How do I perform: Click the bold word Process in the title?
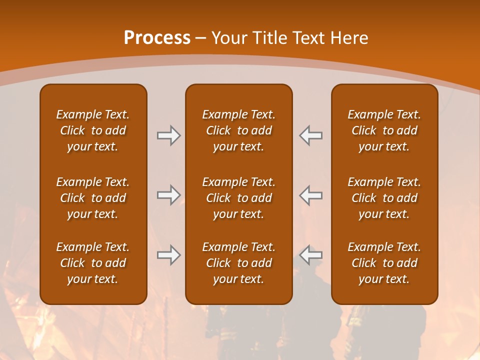pyautogui.click(x=157, y=37)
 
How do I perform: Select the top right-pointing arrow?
pyautogui.click(x=168, y=135)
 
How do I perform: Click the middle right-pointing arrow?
pyautogui.click(x=168, y=195)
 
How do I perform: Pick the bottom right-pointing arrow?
pyautogui.click(x=168, y=255)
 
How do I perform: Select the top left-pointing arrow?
pyautogui.click(x=311, y=135)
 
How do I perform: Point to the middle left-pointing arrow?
pyautogui.click(x=311, y=195)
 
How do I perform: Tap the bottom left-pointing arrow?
pyautogui.click(x=311, y=255)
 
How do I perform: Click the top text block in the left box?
pyautogui.click(x=93, y=130)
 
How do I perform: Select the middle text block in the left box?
pyautogui.click(x=93, y=198)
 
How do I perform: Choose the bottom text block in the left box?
pyautogui.click(x=93, y=263)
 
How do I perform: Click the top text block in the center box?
pyautogui.click(x=239, y=130)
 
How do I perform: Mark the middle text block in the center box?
pyautogui.click(x=239, y=198)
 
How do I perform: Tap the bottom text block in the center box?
pyautogui.click(x=239, y=263)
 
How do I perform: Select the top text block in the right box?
pyautogui.click(x=384, y=130)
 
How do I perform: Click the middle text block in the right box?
pyautogui.click(x=384, y=198)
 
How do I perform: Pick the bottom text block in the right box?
pyautogui.click(x=384, y=263)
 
